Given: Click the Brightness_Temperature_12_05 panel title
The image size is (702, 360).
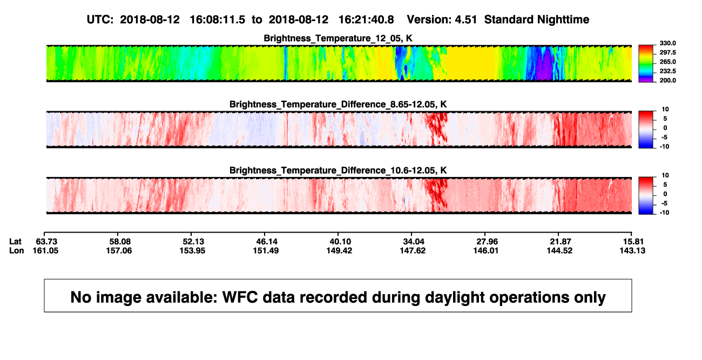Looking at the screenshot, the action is point(338,38).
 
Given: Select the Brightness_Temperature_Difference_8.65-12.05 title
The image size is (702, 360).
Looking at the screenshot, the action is point(338,104).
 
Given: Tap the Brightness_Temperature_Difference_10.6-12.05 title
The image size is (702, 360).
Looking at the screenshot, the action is point(338,171).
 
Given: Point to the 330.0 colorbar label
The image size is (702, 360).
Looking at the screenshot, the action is point(667,43).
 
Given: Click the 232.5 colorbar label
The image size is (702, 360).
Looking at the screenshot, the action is point(667,71).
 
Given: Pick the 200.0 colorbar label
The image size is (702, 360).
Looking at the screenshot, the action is point(667,80).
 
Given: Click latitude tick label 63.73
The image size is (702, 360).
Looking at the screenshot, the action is point(46,242).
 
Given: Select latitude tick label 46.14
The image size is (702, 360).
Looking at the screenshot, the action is point(267,242).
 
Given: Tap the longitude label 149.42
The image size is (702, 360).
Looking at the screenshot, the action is point(339,250).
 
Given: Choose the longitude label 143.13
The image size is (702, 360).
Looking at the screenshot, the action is point(632,250).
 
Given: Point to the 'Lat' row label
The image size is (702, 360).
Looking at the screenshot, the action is point(15,242).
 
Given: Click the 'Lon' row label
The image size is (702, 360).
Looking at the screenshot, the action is point(16,250).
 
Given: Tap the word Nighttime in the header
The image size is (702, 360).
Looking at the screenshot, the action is point(563,20).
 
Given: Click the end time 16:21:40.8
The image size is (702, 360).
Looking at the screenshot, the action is point(366,19).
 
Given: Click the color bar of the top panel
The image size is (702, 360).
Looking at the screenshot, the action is point(646,64).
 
